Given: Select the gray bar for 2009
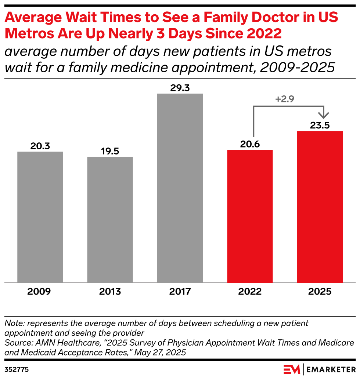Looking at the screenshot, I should (40, 217).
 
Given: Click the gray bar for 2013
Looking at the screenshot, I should (110, 220).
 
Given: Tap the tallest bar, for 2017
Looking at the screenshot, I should (180, 188).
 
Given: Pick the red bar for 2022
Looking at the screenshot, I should (250, 216).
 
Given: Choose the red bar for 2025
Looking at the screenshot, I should (320, 207).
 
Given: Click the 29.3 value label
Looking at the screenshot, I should (180, 88).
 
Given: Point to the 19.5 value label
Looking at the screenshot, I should (110, 151).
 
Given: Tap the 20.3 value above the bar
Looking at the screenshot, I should (40, 146).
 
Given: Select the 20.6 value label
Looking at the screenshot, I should (250, 144).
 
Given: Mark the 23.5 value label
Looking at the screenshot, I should (320, 125).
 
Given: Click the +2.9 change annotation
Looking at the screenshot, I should (284, 99).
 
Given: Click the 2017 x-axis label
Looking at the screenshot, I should (180, 292).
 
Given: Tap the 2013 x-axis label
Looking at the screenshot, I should (110, 292).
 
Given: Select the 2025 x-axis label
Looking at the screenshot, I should (320, 292).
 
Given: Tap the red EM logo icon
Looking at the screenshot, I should (292, 368).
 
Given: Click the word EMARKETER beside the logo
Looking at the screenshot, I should (330, 368).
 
